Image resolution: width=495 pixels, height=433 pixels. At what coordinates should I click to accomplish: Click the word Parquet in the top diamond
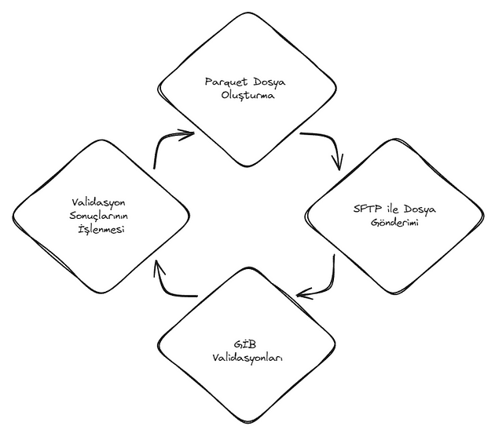(225, 82)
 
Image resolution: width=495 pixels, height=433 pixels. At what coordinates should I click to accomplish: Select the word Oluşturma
(247, 95)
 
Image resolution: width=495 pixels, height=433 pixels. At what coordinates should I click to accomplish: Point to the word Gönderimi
(394, 223)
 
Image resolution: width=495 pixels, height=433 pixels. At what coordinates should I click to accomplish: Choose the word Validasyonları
(247, 358)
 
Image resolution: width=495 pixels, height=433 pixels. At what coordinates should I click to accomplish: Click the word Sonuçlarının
(99, 216)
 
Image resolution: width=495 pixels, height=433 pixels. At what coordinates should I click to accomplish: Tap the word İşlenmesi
(101, 229)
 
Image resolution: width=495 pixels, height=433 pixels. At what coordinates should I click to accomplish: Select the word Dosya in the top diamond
(269, 82)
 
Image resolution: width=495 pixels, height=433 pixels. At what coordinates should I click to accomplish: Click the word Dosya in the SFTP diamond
(420, 209)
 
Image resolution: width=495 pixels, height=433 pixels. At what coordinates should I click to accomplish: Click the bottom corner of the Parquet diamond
(247, 166)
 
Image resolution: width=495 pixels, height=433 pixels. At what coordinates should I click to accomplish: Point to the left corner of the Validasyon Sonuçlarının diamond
(13, 216)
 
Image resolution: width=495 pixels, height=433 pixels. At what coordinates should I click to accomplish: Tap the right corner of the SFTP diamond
(483, 216)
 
